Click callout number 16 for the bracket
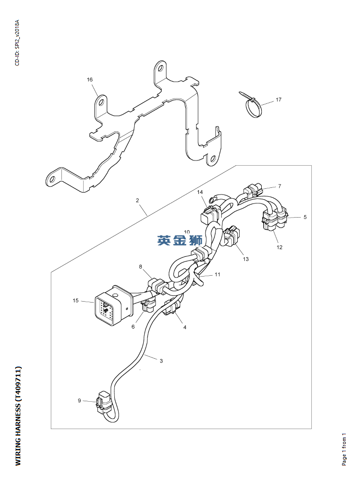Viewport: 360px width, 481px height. (x=90, y=80)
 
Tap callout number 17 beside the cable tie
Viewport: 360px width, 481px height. (x=279, y=100)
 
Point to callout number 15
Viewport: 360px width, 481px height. (x=76, y=301)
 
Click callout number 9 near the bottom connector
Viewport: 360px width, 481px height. (x=79, y=401)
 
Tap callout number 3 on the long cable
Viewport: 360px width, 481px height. (x=161, y=361)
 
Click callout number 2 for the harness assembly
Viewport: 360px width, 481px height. (x=137, y=201)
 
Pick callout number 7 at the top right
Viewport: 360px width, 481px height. (x=279, y=186)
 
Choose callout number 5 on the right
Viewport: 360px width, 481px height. (x=305, y=217)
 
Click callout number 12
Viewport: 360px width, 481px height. (x=279, y=247)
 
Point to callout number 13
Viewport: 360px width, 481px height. (x=246, y=259)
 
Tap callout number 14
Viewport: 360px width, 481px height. (x=200, y=192)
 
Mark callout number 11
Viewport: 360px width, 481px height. (x=217, y=274)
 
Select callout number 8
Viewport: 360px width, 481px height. (x=140, y=267)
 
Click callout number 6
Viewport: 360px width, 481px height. (x=133, y=327)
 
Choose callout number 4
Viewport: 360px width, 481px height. (x=185, y=327)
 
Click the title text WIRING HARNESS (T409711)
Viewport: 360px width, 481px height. (x=18, y=415)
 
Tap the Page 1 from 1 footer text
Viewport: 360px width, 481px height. (x=344, y=449)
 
